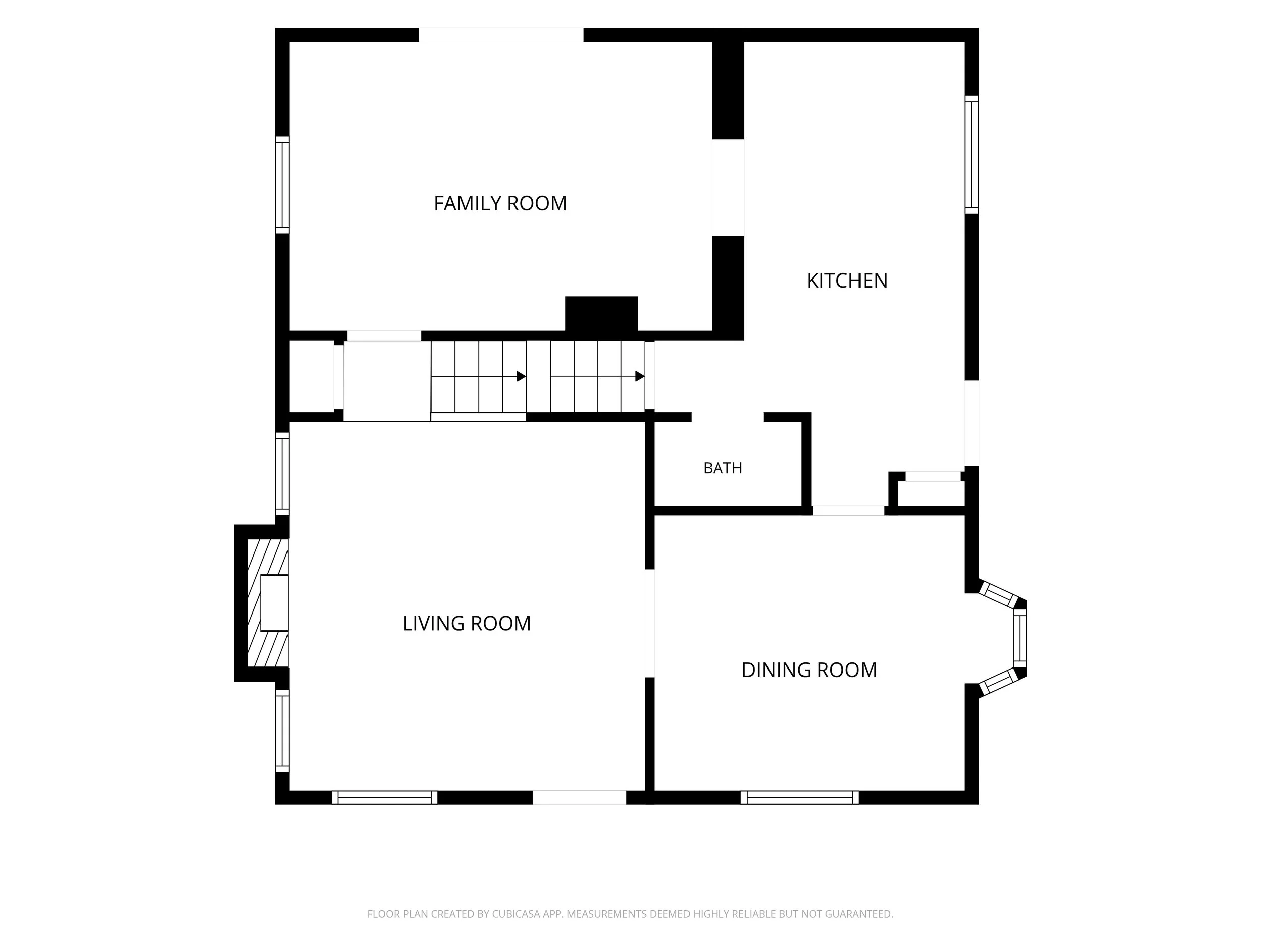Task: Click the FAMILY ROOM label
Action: (500, 203)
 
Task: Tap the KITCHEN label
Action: (847, 281)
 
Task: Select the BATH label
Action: (723, 468)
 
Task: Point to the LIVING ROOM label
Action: (467, 623)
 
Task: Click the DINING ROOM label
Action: (809, 670)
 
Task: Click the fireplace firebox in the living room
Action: (274, 603)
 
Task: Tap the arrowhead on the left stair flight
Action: (521, 376)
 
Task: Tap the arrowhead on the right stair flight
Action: (640, 376)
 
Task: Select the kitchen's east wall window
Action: (971, 155)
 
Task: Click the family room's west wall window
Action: (282, 185)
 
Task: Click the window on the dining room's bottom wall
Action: (800, 797)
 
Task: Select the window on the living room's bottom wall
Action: (385, 797)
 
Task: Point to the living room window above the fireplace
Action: (282, 473)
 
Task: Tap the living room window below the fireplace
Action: (282, 731)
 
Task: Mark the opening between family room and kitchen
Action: (728, 188)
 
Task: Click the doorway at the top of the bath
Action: (727, 417)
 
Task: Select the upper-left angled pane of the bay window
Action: (997, 595)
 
